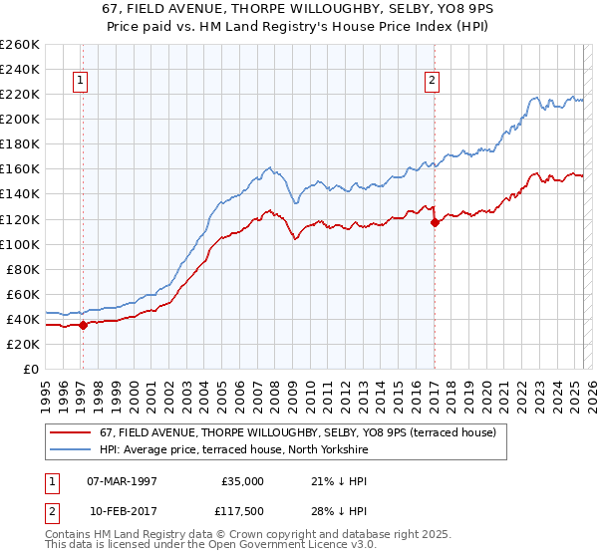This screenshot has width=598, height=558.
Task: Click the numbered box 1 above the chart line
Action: (80, 82)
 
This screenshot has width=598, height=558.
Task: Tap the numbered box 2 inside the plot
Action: (433, 82)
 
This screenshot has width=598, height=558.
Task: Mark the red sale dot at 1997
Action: (84, 325)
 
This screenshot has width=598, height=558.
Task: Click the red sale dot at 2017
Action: (435, 222)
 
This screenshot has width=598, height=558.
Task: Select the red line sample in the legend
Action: (70, 432)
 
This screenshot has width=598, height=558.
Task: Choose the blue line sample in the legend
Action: (70, 450)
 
